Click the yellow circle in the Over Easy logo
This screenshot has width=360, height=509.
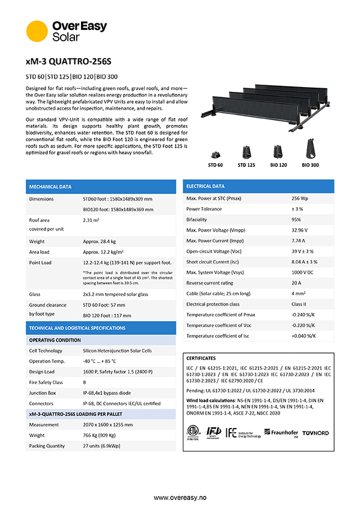click(37, 31)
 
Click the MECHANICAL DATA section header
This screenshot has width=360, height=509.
click(50, 187)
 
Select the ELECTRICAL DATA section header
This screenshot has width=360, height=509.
click(206, 186)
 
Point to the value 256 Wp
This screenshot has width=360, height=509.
click(299, 198)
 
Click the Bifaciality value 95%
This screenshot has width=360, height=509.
click(296, 220)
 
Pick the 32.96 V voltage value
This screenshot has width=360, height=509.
click(300, 230)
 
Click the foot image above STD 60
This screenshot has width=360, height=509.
click(215, 150)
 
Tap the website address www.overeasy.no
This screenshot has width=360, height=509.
click(179, 498)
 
